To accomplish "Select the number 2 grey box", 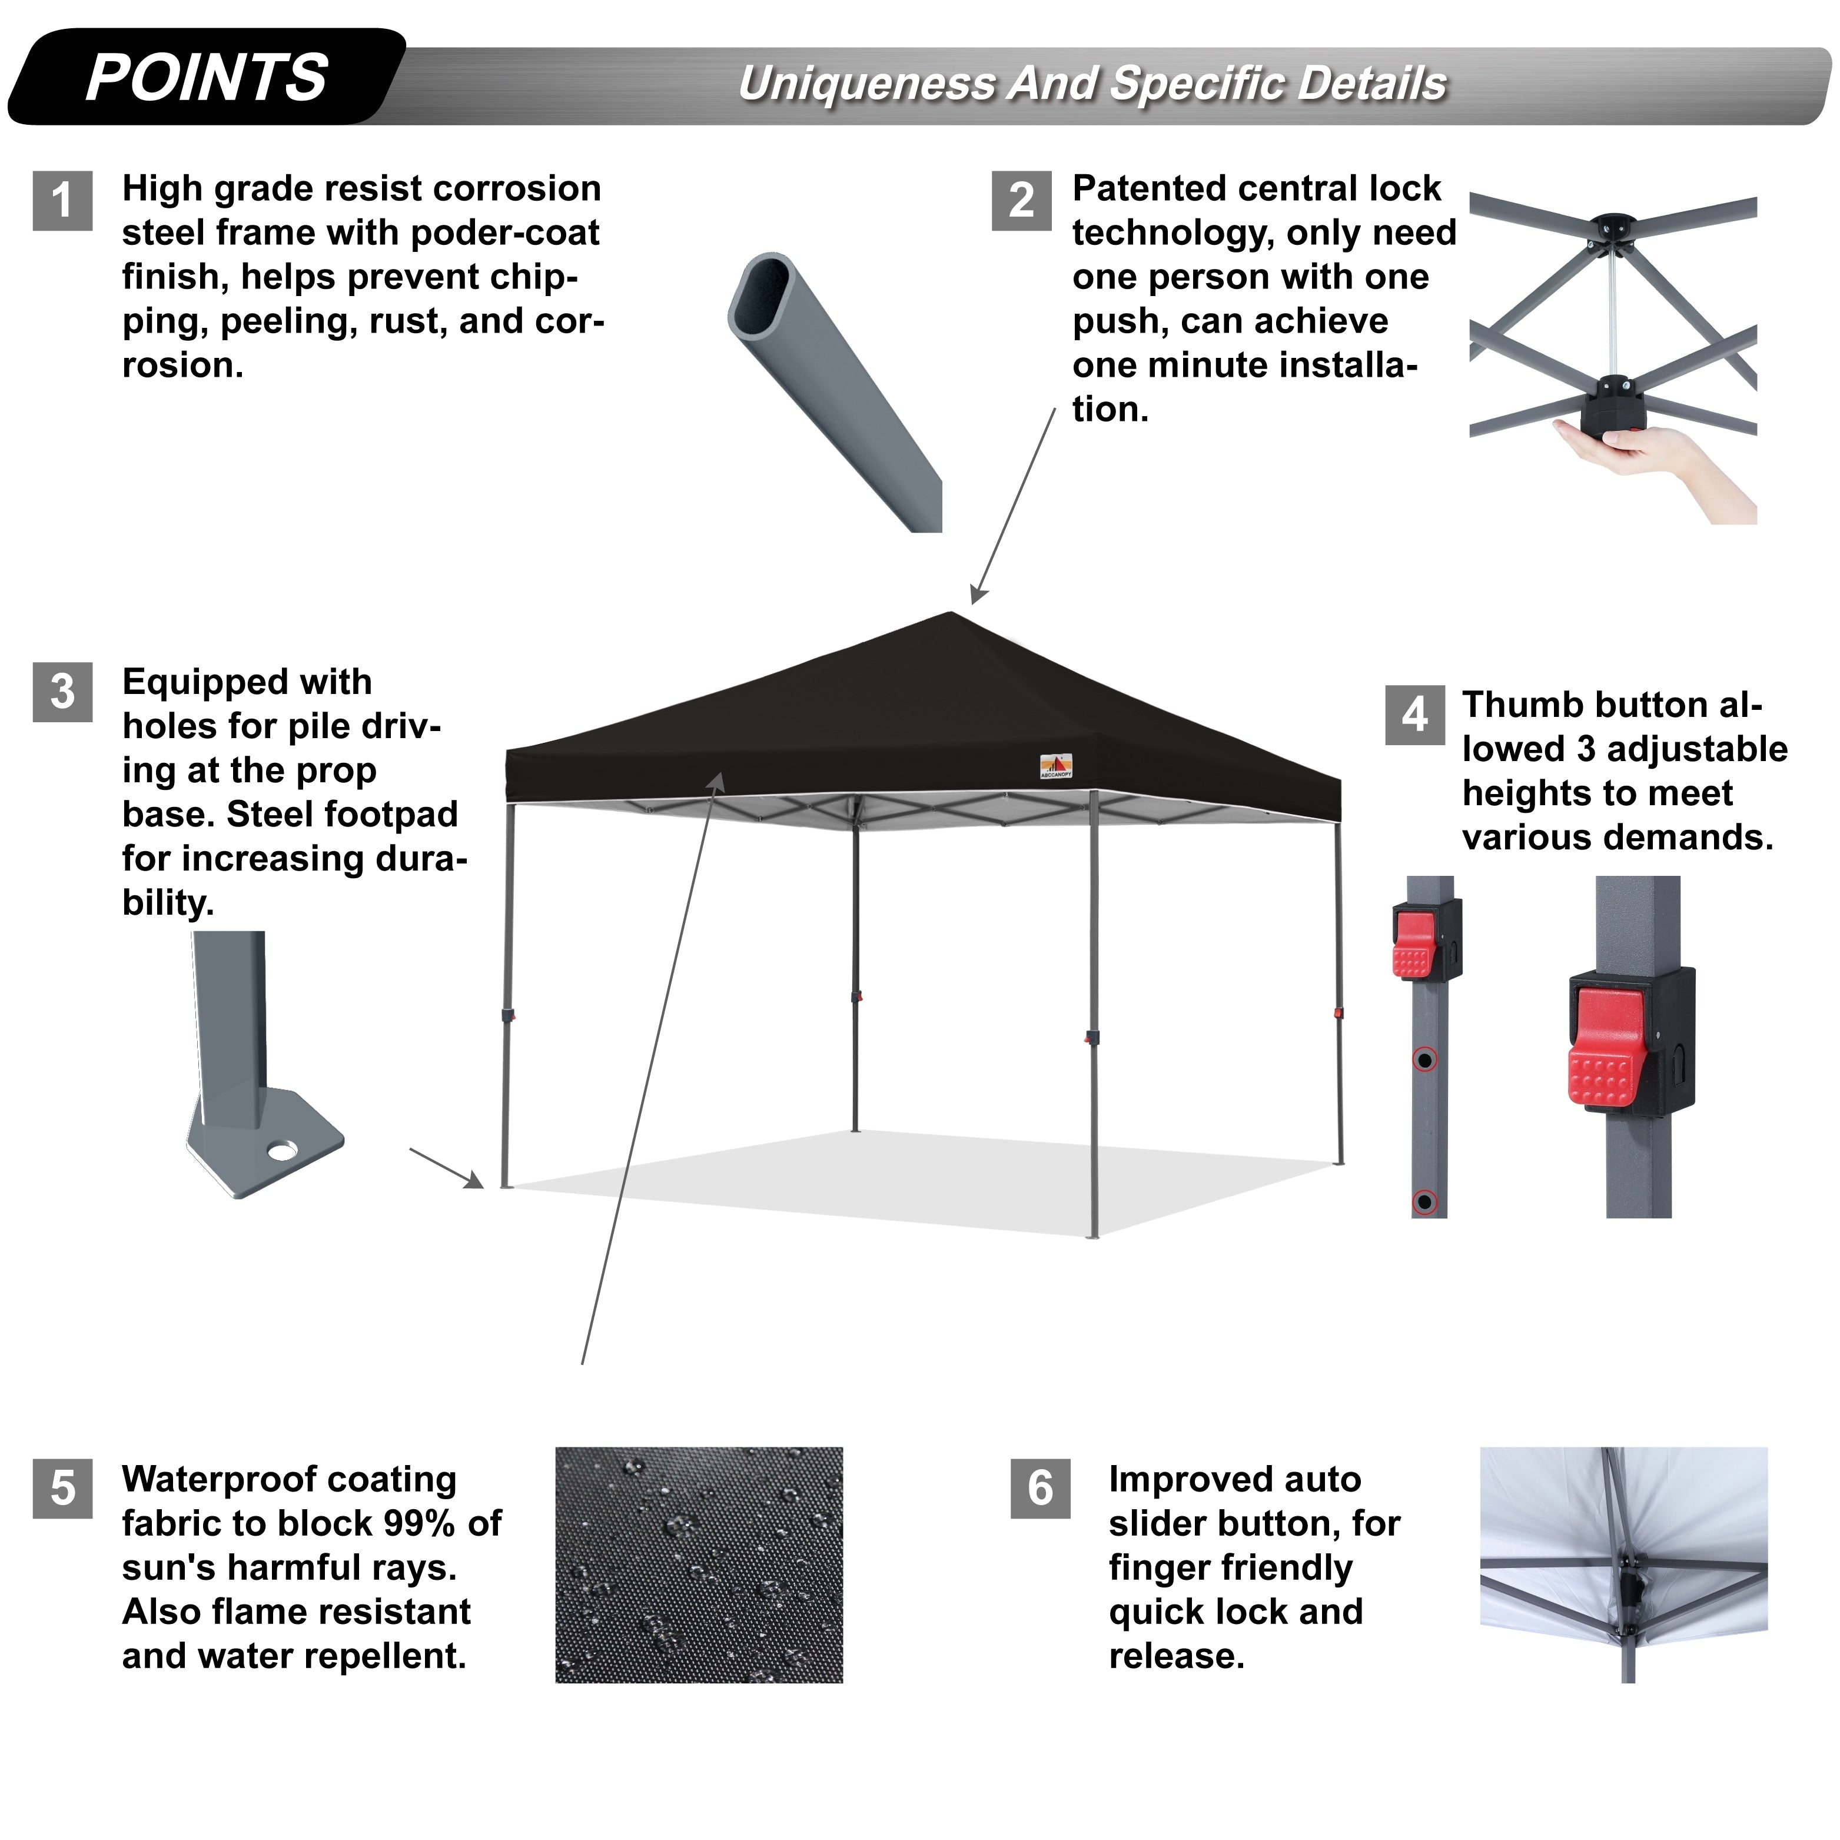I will click(1021, 200).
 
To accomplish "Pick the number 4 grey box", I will click(1414, 715).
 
